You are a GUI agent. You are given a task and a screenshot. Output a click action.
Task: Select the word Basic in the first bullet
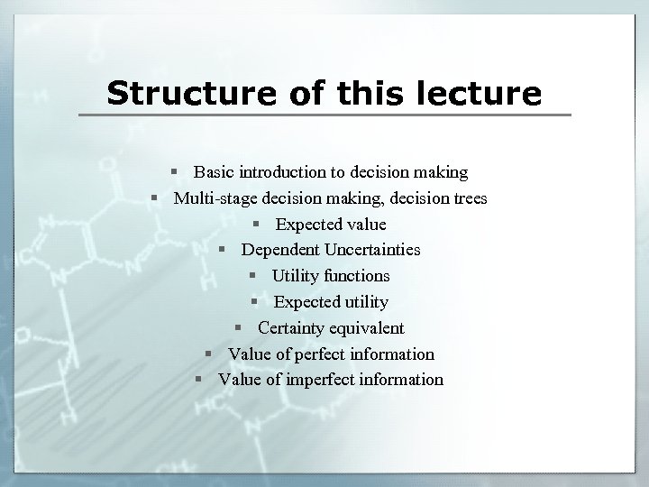tap(212, 171)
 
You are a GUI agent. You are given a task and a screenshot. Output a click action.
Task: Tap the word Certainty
tap(292, 328)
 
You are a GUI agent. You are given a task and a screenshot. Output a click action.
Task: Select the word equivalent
tap(367, 328)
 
